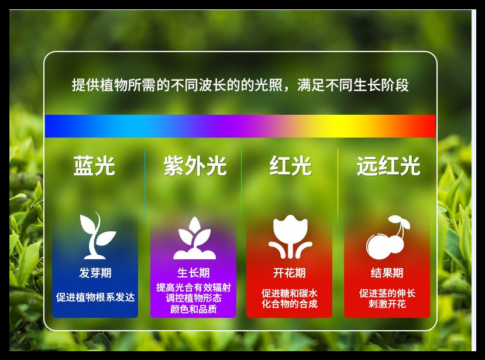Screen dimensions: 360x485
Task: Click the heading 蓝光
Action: click(x=94, y=167)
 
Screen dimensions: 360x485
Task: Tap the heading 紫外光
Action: click(x=195, y=167)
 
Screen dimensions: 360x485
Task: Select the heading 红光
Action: click(x=290, y=167)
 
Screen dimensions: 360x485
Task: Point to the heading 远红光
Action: click(x=388, y=167)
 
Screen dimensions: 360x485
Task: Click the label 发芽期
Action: click(x=95, y=273)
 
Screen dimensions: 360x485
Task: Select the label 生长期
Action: click(x=193, y=273)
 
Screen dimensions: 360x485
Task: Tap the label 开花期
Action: click(x=290, y=273)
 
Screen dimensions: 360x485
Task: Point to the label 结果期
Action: click(x=387, y=273)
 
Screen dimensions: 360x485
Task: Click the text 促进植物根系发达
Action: click(x=95, y=297)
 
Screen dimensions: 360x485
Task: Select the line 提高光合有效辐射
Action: click(x=193, y=287)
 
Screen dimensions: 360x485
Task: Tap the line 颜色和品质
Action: click(x=193, y=309)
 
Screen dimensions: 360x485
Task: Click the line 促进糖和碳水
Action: click(x=290, y=293)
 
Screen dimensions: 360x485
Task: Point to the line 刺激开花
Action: click(x=387, y=304)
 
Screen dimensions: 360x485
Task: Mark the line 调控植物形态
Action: click(x=193, y=298)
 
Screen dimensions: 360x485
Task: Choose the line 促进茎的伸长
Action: click(x=387, y=293)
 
